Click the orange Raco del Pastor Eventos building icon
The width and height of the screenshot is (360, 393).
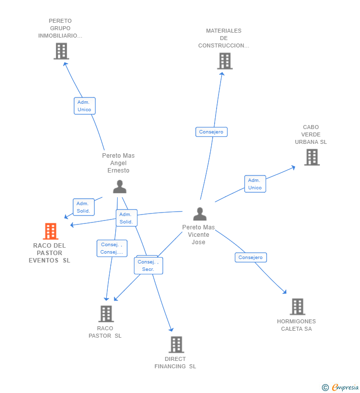(x=50, y=231)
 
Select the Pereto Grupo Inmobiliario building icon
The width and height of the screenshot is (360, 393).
(x=61, y=51)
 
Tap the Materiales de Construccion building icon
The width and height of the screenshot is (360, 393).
(x=225, y=61)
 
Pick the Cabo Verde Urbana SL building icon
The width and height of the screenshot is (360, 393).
(x=312, y=157)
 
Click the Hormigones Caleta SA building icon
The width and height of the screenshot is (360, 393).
(x=297, y=306)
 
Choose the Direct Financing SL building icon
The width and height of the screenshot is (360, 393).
(x=176, y=345)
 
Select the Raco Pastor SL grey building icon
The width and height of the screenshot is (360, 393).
(x=106, y=313)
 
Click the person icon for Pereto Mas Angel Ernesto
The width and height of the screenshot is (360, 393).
(x=120, y=186)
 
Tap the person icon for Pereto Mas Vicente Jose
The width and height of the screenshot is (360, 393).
(x=200, y=214)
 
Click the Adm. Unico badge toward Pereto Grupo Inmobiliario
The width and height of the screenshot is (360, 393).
(x=85, y=106)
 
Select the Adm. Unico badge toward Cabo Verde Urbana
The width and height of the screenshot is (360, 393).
(x=255, y=184)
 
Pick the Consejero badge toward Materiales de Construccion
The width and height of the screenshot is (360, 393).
(x=212, y=132)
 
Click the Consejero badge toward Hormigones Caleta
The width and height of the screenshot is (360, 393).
(x=251, y=258)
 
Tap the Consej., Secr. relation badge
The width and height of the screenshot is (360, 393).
(x=148, y=265)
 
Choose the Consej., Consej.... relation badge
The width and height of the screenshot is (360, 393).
(x=112, y=248)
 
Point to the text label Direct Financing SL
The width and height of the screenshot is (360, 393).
(x=175, y=362)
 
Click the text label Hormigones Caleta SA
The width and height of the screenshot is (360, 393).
(x=296, y=325)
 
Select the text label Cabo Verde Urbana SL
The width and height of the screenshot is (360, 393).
(x=311, y=134)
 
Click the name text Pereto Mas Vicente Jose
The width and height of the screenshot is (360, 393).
(x=199, y=235)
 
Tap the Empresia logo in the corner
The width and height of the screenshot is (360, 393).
(x=341, y=387)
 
